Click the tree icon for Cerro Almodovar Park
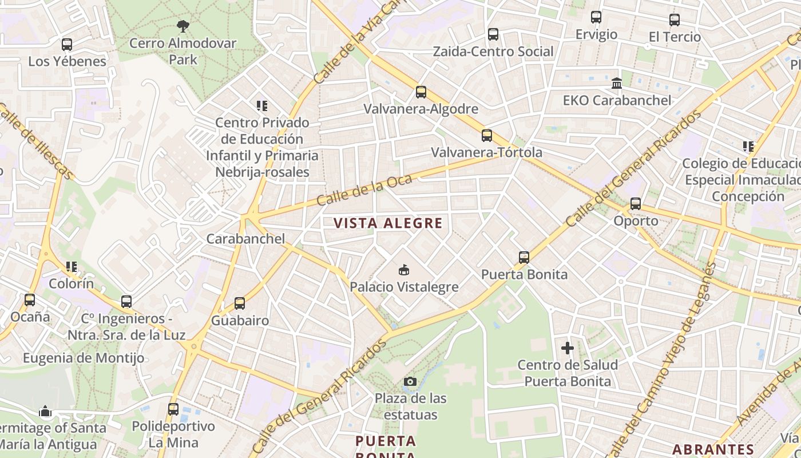point(183,26)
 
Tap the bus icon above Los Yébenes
point(67,44)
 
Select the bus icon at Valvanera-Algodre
point(421,92)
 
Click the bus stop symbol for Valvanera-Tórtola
point(486,136)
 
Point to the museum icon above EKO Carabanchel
point(617,84)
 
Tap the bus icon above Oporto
point(636,204)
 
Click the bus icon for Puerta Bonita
point(524,258)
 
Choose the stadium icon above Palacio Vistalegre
point(404,270)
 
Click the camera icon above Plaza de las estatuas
point(410,381)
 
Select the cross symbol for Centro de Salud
point(568,348)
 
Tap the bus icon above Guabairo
point(240,303)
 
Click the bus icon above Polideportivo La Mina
point(173,409)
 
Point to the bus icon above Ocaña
point(30,299)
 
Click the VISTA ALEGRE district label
point(388,223)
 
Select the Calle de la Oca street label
point(364,190)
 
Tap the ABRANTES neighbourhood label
point(713,449)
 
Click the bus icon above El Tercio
point(675,20)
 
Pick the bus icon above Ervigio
point(596,17)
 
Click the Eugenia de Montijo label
point(84,358)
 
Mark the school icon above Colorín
point(72,267)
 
